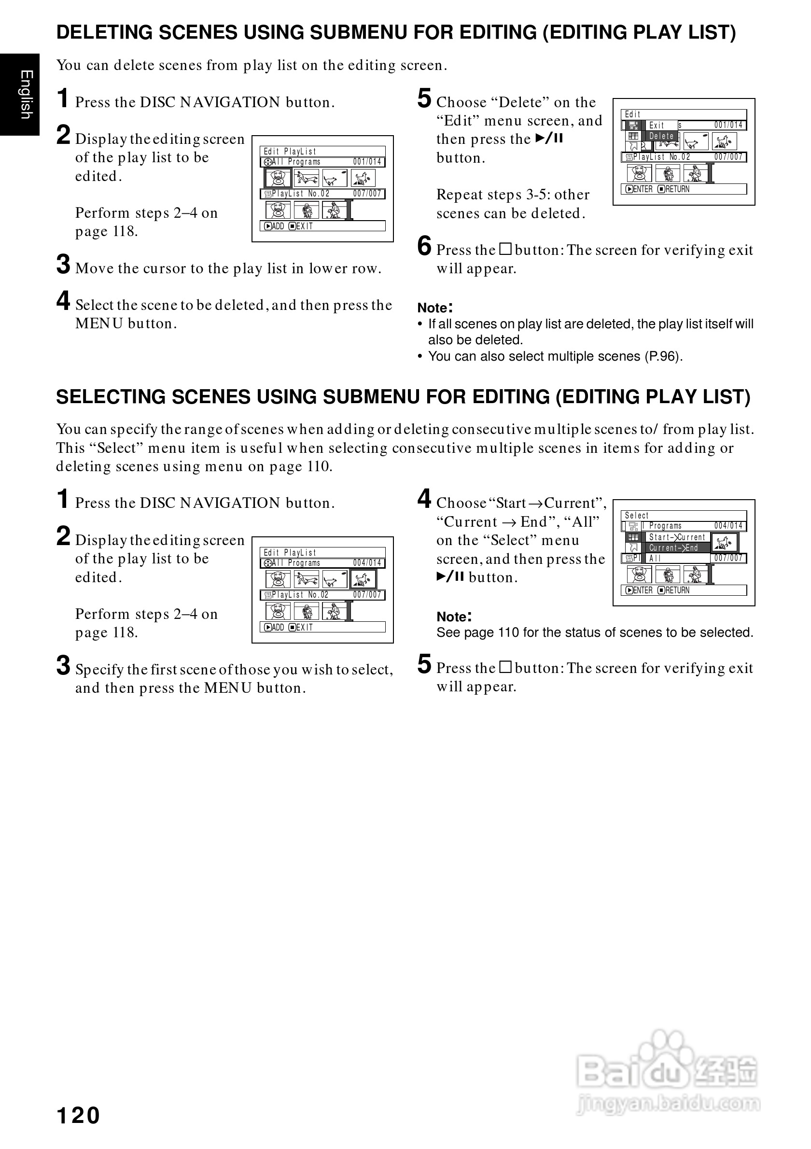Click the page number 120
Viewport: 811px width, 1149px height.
click(x=79, y=1116)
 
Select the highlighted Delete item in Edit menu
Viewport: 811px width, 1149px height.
click(x=661, y=136)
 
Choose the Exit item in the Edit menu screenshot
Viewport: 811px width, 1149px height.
click(x=657, y=125)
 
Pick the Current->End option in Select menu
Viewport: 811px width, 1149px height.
click(x=673, y=547)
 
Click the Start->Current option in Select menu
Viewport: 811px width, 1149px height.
click(x=677, y=537)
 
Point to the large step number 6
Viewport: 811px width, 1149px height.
click(x=424, y=246)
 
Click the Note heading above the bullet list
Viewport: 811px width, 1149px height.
click(x=435, y=307)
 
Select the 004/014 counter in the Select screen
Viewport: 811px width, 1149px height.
click(x=728, y=525)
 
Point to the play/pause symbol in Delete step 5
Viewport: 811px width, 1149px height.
click(x=549, y=139)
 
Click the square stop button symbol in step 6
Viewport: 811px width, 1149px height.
click(x=506, y=249)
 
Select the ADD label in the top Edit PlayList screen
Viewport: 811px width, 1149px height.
click(x=278, y=226)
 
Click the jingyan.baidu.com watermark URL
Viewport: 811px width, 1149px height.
click(x=669, y=1103)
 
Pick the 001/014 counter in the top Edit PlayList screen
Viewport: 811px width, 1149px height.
click(x=367, y=162)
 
